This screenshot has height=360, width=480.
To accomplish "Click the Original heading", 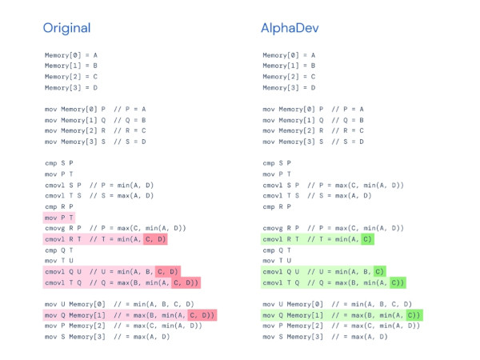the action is click(x=66, y=28).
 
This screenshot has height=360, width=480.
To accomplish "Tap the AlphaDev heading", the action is click(x=290, y=28).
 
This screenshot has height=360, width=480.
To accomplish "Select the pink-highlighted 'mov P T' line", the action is click(x=59, y=218).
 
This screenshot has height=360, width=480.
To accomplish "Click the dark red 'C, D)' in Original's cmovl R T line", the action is click(x=155, y=239).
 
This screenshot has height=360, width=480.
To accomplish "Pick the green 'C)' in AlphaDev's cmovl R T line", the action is click(x=368, y=239).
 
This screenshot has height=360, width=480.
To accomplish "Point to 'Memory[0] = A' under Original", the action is click(x=71, y=55).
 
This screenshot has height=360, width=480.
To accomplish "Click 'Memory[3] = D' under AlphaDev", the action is click(x=289, y=87).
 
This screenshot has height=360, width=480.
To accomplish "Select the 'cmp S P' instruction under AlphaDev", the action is click(x=277, y=163).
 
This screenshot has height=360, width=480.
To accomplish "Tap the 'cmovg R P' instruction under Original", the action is click(x=63, y=228).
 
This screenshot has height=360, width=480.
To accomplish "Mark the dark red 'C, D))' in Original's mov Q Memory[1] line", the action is click(x=202, y=315).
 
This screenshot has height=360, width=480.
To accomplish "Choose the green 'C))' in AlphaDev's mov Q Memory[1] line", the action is click(x=414, y=315).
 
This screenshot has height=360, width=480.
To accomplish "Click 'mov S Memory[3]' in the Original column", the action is click(x=75, y=337).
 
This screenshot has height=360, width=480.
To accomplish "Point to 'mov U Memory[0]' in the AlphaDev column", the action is click(x=293, y=304).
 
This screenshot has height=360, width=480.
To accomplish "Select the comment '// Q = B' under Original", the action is click(x=130, y=120).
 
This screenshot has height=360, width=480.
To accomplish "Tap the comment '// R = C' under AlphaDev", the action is click(x=348, y=130).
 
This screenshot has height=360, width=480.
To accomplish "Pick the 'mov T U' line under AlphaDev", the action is click(x=277, y=261).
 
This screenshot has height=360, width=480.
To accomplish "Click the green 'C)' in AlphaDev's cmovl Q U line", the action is click(x=379, y=271).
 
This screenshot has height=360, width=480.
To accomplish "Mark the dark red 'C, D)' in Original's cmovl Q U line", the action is click(x=168, y=271).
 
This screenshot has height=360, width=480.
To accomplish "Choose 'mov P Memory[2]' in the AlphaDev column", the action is click(x=293, y=326).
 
